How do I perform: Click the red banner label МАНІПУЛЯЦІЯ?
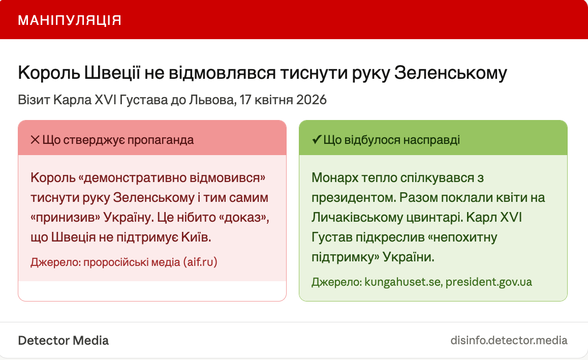pyautogui.click(x=70, y=20)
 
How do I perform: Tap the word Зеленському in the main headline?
pyautogui.click(x=450, y=73)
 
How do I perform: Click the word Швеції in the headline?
pyautogui.click(x=112, y=73)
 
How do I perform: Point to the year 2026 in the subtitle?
pyautogui.click(x=311, y=100)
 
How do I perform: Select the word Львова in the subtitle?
pyautogui.click(x=212, y=100)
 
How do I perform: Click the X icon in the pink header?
pyautogui.click(x=35, y=140)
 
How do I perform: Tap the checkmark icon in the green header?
pyautogui.click(x=317, y=140)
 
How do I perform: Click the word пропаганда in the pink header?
pyautogui.click(x=161, y=140)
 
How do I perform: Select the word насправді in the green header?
pyautogui.click(x=431, y=140)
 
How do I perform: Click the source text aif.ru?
pyautogui.click(x=200, y=262)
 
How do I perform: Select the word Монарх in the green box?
pyautogui.click(x=335, y=178)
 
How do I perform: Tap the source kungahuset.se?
pyautogui.click(x=403, y=282)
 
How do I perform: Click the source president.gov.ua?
pyautogui.click(x=488, y=282)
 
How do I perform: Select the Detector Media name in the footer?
pyautogui.click(x=64, y=341)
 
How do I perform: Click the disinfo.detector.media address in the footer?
pyautogui.click(x=509, y=341)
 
